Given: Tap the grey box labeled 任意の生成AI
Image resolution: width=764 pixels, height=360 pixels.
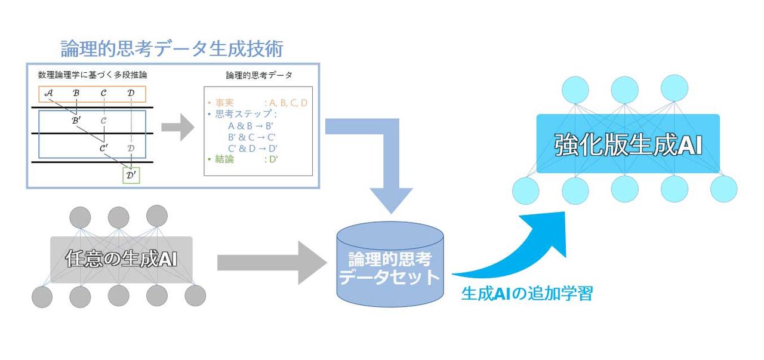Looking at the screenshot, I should click(121, 260).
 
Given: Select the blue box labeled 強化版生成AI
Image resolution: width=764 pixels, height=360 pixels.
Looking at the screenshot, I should click(628, 143).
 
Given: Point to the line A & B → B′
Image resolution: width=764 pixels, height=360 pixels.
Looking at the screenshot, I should click(251, 126).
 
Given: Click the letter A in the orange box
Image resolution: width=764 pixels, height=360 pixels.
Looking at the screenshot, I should click(49, 93).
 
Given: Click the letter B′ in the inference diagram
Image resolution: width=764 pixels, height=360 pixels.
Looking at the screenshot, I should click(76, 121).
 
